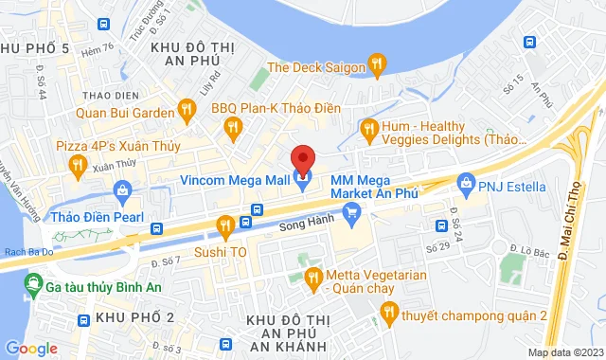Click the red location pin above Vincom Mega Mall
[x=302, y=157]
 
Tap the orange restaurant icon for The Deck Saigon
[x=377, y=65]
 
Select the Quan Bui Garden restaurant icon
[x=186, y=110]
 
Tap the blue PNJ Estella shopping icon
[x=464, y=182]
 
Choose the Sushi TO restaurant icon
[x=224, y=225]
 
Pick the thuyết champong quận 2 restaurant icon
[x=387, y=311]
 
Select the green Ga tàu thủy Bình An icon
[x=34, y=282]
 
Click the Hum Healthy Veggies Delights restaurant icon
[x=368, y=127]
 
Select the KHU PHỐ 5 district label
[x=35, y=48]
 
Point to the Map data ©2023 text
[x=564, y=352]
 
